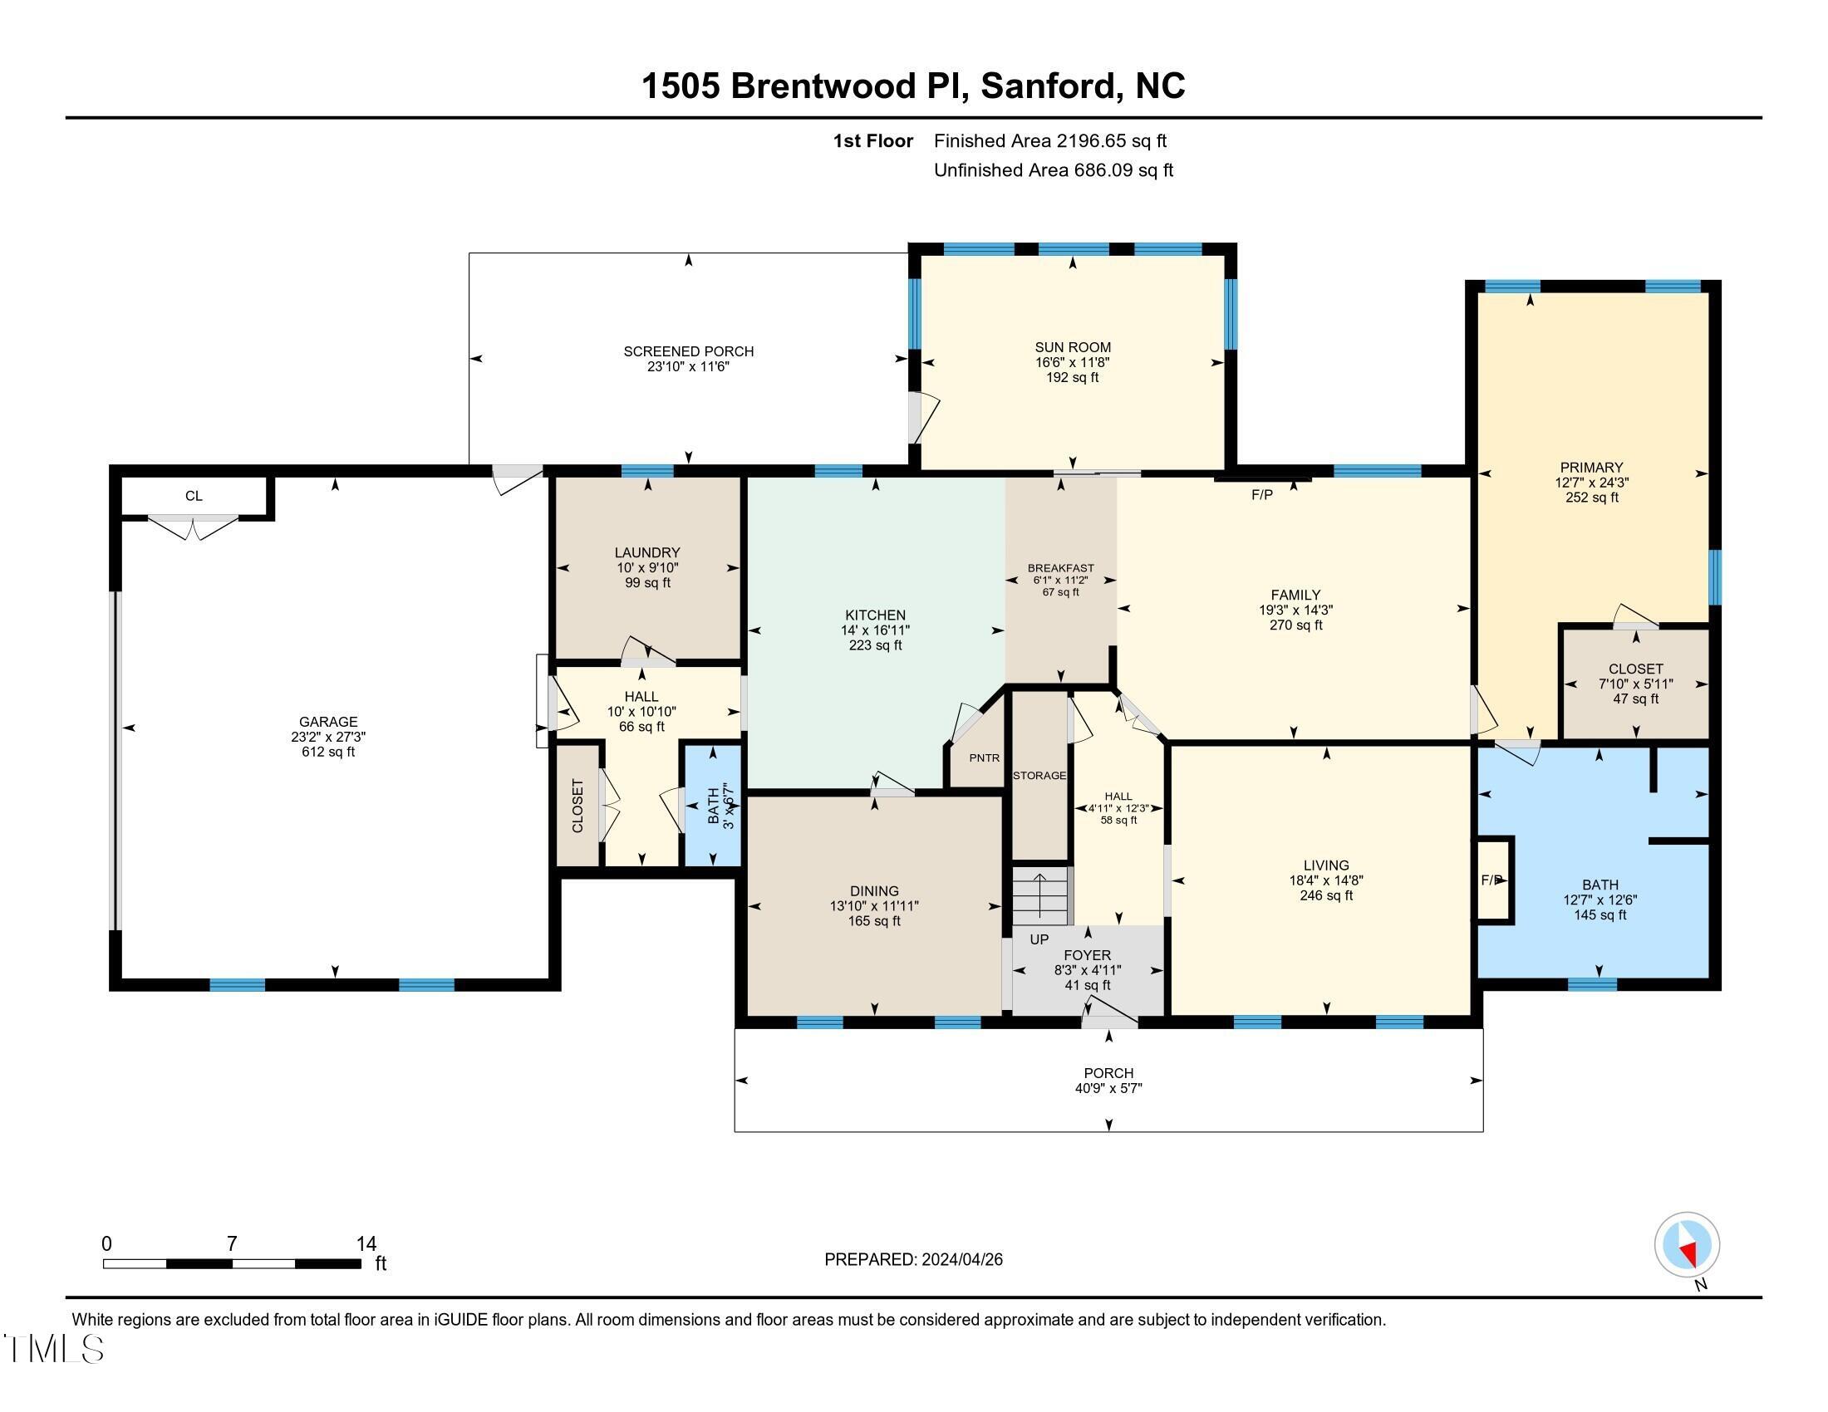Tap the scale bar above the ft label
[x=232, y=1263]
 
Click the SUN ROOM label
[x=1073, y=347]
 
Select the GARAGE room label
[x=328, y=721]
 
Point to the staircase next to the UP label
[x=1041, y=895]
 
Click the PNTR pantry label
[x=985, y=757]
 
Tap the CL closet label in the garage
[x=194, y=496]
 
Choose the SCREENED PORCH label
[x=689, y=351]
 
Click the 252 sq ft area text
[x=1592, y=498]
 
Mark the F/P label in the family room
[x=1262, y=495]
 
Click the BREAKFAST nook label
[x=1060, y=568]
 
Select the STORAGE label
[x=1039, y=776]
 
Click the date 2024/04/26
[x=961, y=1259]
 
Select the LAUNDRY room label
[x=647, y=552]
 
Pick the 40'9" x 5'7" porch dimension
[x=1109, y=1088]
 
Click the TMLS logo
[x=53, y=1349]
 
